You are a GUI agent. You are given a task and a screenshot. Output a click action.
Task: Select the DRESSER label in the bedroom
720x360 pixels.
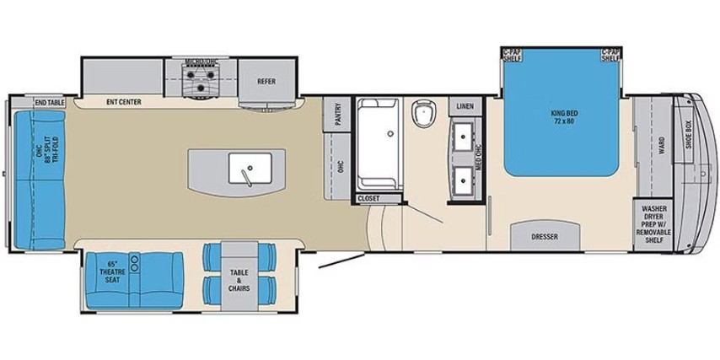pyautogui.click(x=545, y=237)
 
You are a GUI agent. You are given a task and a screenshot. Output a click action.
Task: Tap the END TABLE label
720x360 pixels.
pyautogui.click(x=50, y=103)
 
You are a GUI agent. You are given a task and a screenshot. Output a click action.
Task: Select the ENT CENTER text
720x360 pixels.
pyautogui.click(x=123, y=103)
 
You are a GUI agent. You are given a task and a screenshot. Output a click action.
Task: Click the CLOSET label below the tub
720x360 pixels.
pyautogui.click(x=368, y=198)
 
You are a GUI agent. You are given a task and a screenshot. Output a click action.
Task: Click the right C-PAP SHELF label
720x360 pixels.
pyautogui.click(x=610, y=55)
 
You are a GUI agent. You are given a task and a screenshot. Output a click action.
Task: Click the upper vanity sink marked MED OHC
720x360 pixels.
pyautogui.click(x=464, y=135)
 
